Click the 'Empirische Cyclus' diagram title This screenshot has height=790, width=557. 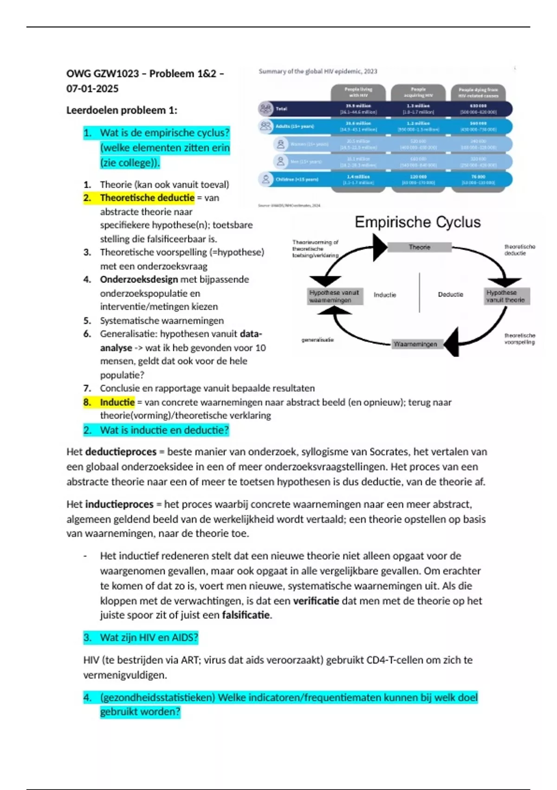[418, 222]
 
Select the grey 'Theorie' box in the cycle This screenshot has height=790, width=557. [419, 247]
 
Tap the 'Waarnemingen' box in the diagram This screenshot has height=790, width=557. [415, 344]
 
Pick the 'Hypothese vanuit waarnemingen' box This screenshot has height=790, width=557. [334, 296]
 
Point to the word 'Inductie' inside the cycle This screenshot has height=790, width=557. [385, 295]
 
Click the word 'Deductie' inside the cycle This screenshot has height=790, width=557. [450, 295]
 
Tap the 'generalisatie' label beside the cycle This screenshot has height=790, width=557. [317, 340]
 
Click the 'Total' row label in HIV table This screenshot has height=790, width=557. [281, 109]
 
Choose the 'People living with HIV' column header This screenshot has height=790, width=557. [358, 92]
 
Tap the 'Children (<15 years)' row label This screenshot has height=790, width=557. [297, 179]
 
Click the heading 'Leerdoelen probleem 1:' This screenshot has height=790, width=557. [122, 110]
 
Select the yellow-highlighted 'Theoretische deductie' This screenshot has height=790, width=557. [147, 198]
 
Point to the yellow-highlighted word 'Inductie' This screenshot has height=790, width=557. [117, 402]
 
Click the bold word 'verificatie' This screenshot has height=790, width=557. [316, 600]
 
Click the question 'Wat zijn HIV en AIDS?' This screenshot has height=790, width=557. [149, 637]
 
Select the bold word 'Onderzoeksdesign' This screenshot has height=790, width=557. [139, 279]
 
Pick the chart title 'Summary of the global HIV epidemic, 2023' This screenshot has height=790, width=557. [318, 71]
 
